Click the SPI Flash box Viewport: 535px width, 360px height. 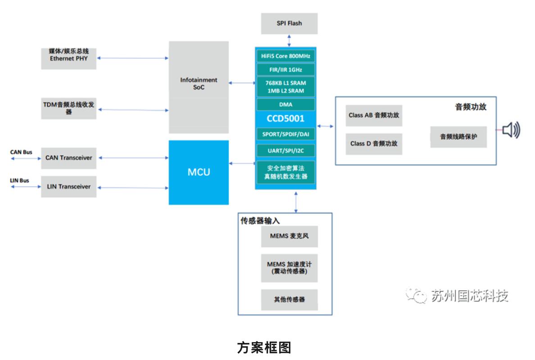289,23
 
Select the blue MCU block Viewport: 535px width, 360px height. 199,172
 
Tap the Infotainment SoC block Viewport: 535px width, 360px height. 199,84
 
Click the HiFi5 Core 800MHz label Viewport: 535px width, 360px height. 286,56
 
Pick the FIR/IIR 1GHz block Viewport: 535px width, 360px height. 286,70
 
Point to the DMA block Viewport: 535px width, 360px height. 286,104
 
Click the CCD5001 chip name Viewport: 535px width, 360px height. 286,119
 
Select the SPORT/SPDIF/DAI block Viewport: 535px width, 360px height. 286,134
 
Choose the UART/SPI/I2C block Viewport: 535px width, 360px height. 286,150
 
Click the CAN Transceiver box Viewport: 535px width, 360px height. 68,158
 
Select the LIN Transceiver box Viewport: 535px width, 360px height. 68,187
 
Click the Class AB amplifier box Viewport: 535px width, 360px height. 374,115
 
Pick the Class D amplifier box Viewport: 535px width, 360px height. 374,144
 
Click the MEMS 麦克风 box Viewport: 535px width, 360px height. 289,236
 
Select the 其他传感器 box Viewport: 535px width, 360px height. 289,299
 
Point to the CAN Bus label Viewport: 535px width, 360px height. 21,153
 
